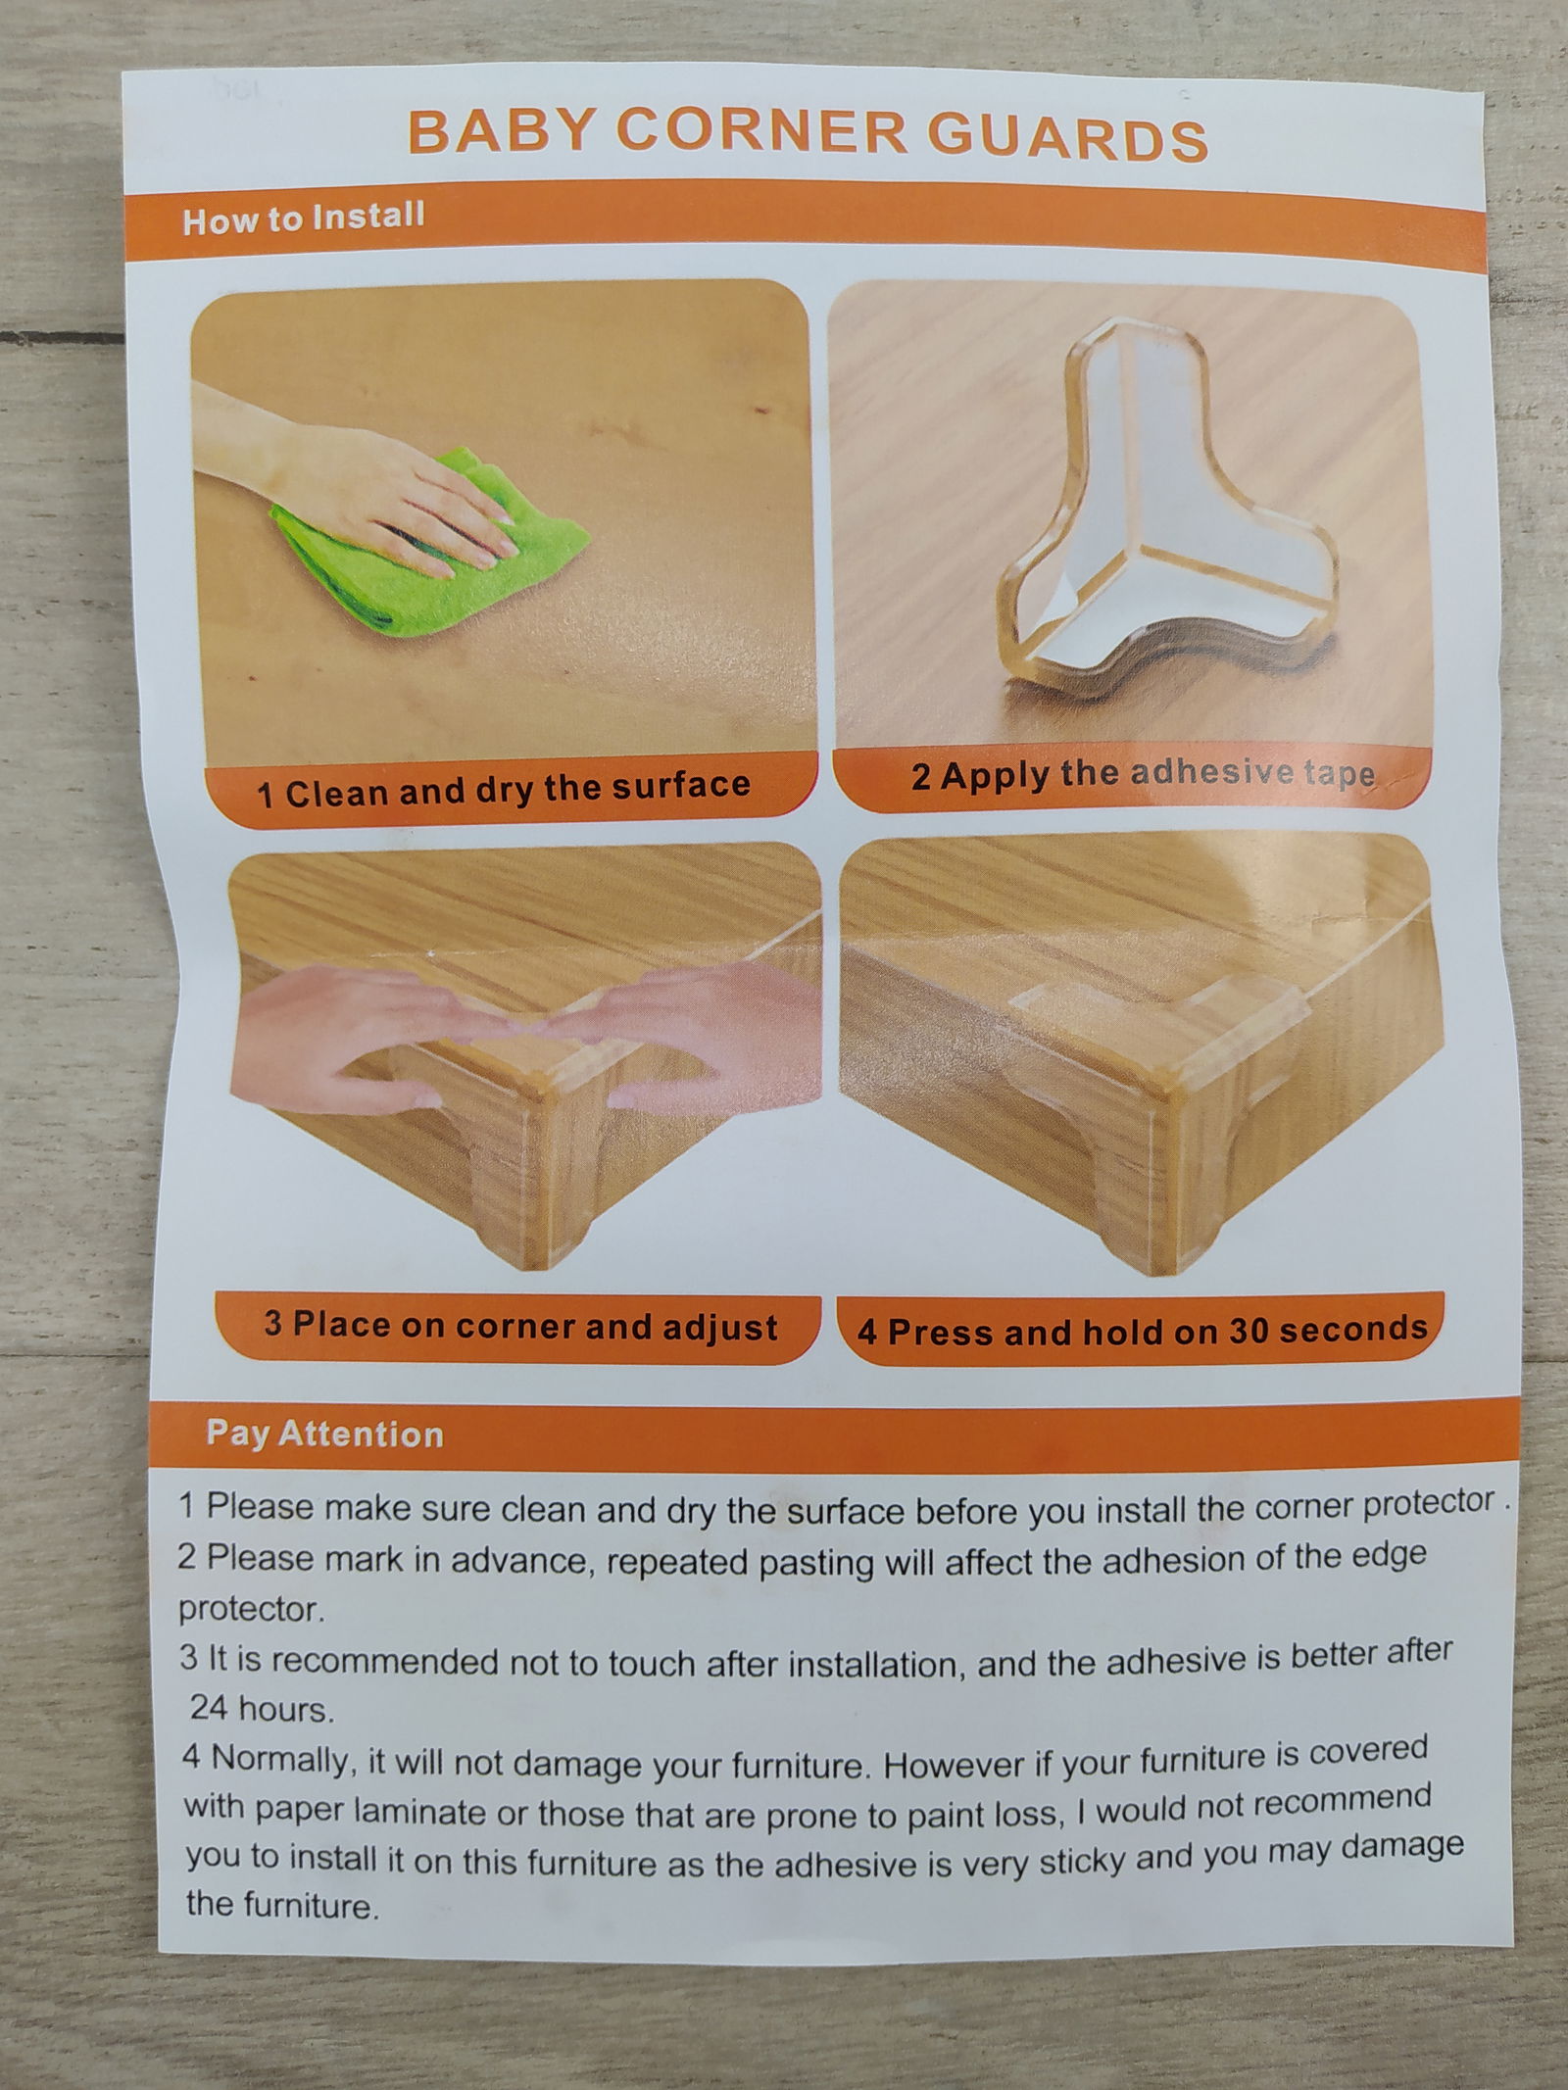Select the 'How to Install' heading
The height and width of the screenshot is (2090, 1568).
click(303, 218)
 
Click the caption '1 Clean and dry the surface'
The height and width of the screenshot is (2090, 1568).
click(503, 789)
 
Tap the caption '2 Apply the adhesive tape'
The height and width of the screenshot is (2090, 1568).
click(1143, 775)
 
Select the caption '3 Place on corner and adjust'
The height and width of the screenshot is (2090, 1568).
click(520, 1327)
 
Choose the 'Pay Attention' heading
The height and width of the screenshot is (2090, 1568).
click(324, 1434)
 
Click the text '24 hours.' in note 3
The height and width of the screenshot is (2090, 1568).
click(262, 1710)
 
